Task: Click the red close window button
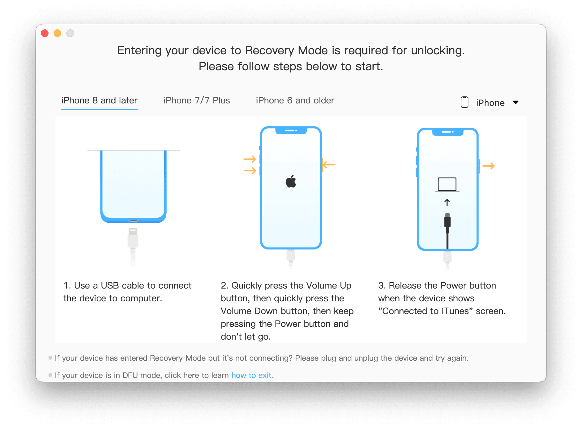(x=45, y=33)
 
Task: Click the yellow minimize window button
(x=57, y=33)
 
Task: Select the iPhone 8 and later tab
(x=99, y=101)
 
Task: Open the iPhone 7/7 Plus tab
(x=197, y=101)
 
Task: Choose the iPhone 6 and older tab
(x=295, y=101)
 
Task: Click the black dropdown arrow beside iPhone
(x=516, y=102)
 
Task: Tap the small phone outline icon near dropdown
(x=465, y=102)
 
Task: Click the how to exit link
(x=251, y=375)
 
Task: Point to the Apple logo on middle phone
(x=291, y=181)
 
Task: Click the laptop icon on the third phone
(x=447, y=185)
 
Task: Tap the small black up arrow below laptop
(x=447, y=202)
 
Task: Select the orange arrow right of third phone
(x=488, y=166)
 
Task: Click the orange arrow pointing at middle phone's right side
(x=329, y=165)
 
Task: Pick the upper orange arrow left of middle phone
(x=250, y=159)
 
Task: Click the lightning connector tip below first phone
(x=133, y=231)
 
